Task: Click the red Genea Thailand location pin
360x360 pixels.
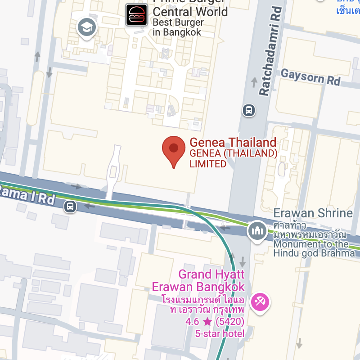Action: point(174,149)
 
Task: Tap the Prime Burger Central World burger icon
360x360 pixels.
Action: point(136,15)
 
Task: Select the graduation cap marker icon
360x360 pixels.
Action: point(86,27)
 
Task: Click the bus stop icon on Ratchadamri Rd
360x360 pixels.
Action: point(248,110)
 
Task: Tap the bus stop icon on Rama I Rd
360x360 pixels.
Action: point(70,207)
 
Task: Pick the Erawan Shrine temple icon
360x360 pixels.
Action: point(257,231)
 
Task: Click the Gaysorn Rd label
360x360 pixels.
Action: point(310,77)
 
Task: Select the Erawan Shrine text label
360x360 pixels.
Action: point(313,213)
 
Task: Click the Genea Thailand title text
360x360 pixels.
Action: point(233,143)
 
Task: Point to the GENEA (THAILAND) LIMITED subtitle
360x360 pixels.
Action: point(233,158)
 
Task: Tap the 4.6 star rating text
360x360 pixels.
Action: point(215,322)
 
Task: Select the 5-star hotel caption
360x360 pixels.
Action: point(220,333)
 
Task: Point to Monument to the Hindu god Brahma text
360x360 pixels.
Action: point(311,248)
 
